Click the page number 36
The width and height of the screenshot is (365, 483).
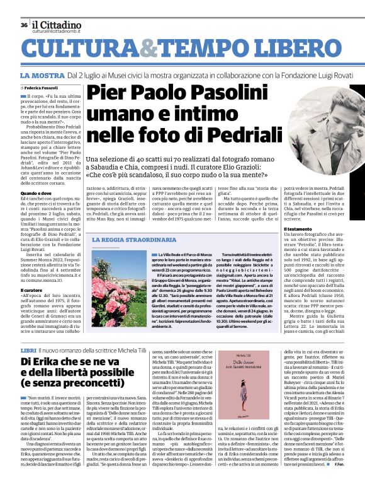click(23, 25)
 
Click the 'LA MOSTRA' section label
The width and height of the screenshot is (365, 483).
click(42, 75)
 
